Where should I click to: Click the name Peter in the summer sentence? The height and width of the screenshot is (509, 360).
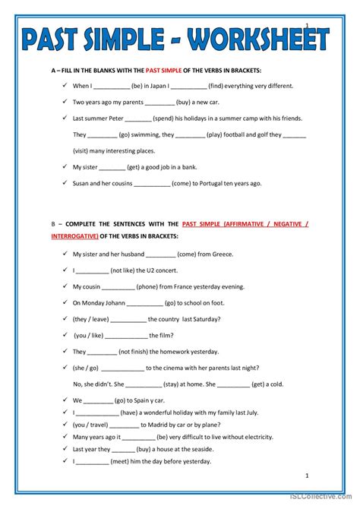click(x=112, y=119)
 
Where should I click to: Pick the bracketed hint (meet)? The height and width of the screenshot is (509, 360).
click(x=126, y=461)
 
